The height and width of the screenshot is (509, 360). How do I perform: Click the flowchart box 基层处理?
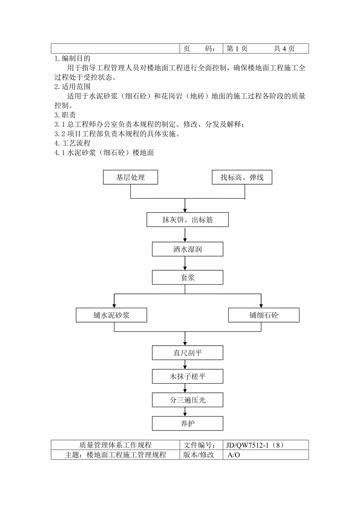pyautogui.click(x=130, y=177)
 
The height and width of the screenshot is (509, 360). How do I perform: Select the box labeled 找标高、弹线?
pyautogui.click(x=242, y=177)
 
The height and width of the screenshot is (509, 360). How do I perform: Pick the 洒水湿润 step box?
pyautogui.click(x=187, y=249)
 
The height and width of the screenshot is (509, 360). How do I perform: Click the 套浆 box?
pyautogui.click(x=187, y=278)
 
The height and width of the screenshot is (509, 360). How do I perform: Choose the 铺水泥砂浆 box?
pyautogui.click(x=112, y=315)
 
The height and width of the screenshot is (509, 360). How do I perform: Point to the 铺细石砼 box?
pyautogui.click(x=264, y=315)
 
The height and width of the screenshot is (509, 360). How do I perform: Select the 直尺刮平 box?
pyautogui.click(x=187, y=353)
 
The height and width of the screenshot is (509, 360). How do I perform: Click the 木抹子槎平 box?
pyautogui.click(x=187, y=377)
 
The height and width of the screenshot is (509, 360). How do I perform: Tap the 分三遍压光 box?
pyautogui.click(x=187, y=400)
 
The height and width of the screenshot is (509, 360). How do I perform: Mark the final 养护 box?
pyautogui.click(x=187, y=423)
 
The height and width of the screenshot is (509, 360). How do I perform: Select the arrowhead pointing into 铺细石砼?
pyautogui.click(x=261, y=305)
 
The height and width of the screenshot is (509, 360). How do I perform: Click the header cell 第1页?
pyautogui.click(x=237, y=48)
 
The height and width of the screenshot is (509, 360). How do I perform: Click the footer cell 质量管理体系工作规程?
pyautogui.click(x=115, y=445)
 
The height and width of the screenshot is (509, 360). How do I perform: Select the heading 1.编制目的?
pyautogui.click(x=72, y=59)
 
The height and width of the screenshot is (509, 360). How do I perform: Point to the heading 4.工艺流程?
pyautogui.click(x=72, y=143)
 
